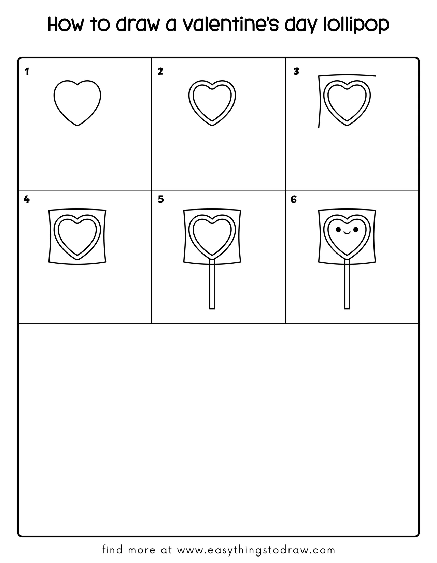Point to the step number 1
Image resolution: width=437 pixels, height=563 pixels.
tap(27, 72)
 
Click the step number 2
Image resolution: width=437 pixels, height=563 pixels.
tap(160, 71)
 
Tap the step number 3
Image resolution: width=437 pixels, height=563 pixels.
tap(296, 71)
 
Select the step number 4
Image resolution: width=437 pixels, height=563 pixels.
tap(27, 199)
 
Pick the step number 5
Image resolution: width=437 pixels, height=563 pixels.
tap(161, 199)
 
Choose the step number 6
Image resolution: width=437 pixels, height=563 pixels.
tap(294, 199)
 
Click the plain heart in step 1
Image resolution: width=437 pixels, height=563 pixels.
tap(77, 102)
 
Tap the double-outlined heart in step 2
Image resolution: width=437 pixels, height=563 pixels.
tap(212, 102)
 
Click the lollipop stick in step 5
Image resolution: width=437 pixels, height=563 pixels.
tap(212, 287)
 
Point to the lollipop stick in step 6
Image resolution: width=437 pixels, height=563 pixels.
tap(347, 287)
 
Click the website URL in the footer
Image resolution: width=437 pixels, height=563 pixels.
tap(256, 550)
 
